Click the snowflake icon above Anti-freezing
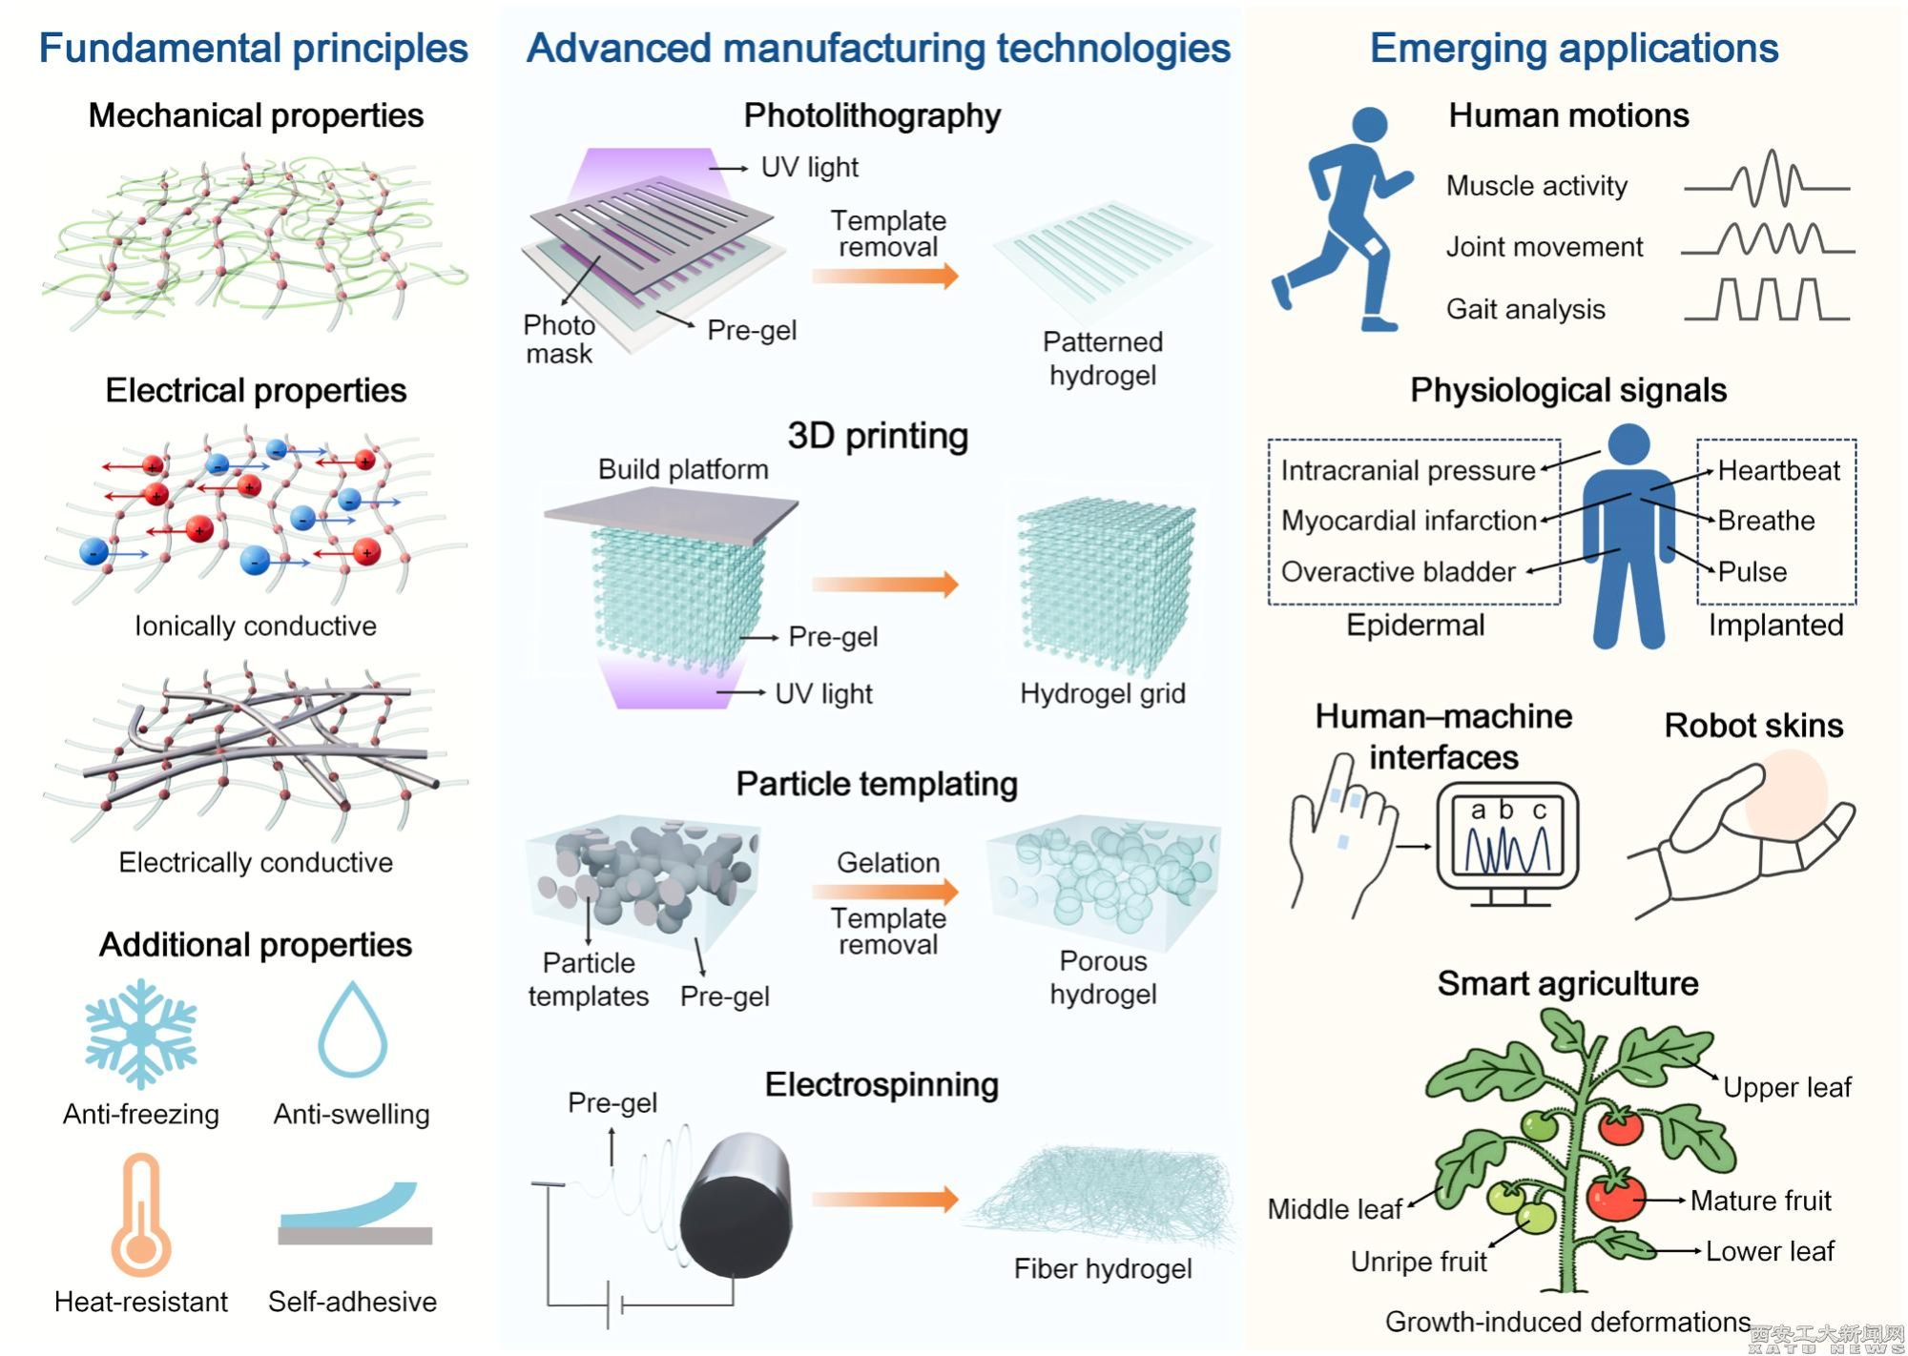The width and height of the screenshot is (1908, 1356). [141, 1034]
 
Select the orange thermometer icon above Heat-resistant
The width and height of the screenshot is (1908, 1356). [141, 1216]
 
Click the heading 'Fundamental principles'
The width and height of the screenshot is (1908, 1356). [253, 48]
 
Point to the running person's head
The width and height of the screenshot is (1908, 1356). [1369, 124]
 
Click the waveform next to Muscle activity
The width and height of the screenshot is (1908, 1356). [1767, 180]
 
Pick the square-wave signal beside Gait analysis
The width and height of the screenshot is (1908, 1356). [1767, 299]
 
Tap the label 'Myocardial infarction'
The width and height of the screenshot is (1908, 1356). [1408, 521]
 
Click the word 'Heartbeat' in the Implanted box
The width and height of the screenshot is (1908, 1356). [1778, 470]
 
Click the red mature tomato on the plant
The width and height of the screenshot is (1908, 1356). [1615, 1197]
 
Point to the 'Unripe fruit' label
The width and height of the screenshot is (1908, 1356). [1419, 1262]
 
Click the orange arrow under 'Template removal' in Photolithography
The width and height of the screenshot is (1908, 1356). [884, 276]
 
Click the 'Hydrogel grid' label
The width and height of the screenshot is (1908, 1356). [1102, 693]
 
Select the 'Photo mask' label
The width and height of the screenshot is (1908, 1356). [559, 339]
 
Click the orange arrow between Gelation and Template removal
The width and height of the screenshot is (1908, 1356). [884, 891]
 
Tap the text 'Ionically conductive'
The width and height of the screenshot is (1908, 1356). [256, 626]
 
